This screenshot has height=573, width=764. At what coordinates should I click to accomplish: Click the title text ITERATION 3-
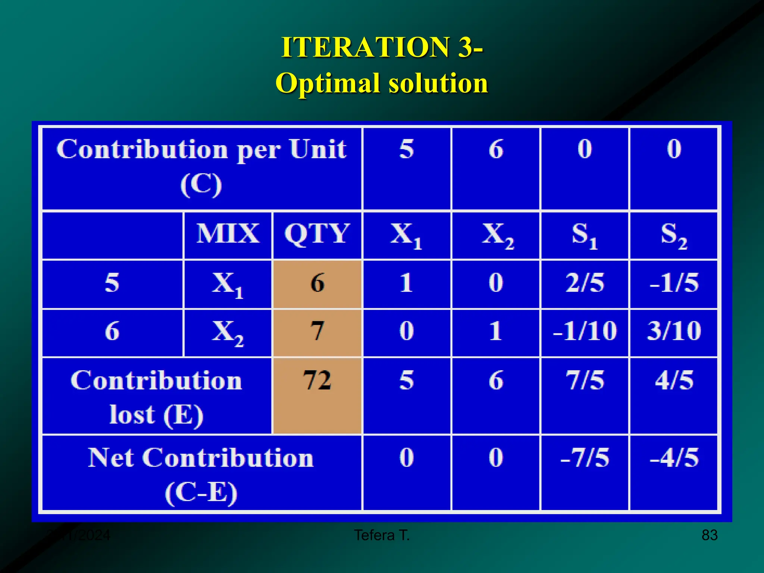pos(382,47)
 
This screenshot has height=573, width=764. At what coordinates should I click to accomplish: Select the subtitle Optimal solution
pos(382,83)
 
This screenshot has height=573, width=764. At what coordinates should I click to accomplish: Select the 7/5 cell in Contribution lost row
pos(585,381)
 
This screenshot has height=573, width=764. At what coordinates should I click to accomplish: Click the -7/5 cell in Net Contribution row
pos(585,458)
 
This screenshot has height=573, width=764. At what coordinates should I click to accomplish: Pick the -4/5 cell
pos(674,458)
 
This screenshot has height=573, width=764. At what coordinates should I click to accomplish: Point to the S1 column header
pos(585,235)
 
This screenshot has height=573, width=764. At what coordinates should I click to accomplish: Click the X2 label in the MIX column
pos(228,332)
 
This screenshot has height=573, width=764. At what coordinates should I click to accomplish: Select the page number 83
pos(710,535)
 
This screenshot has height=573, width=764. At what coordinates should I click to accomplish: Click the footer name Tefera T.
pos(382,535)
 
